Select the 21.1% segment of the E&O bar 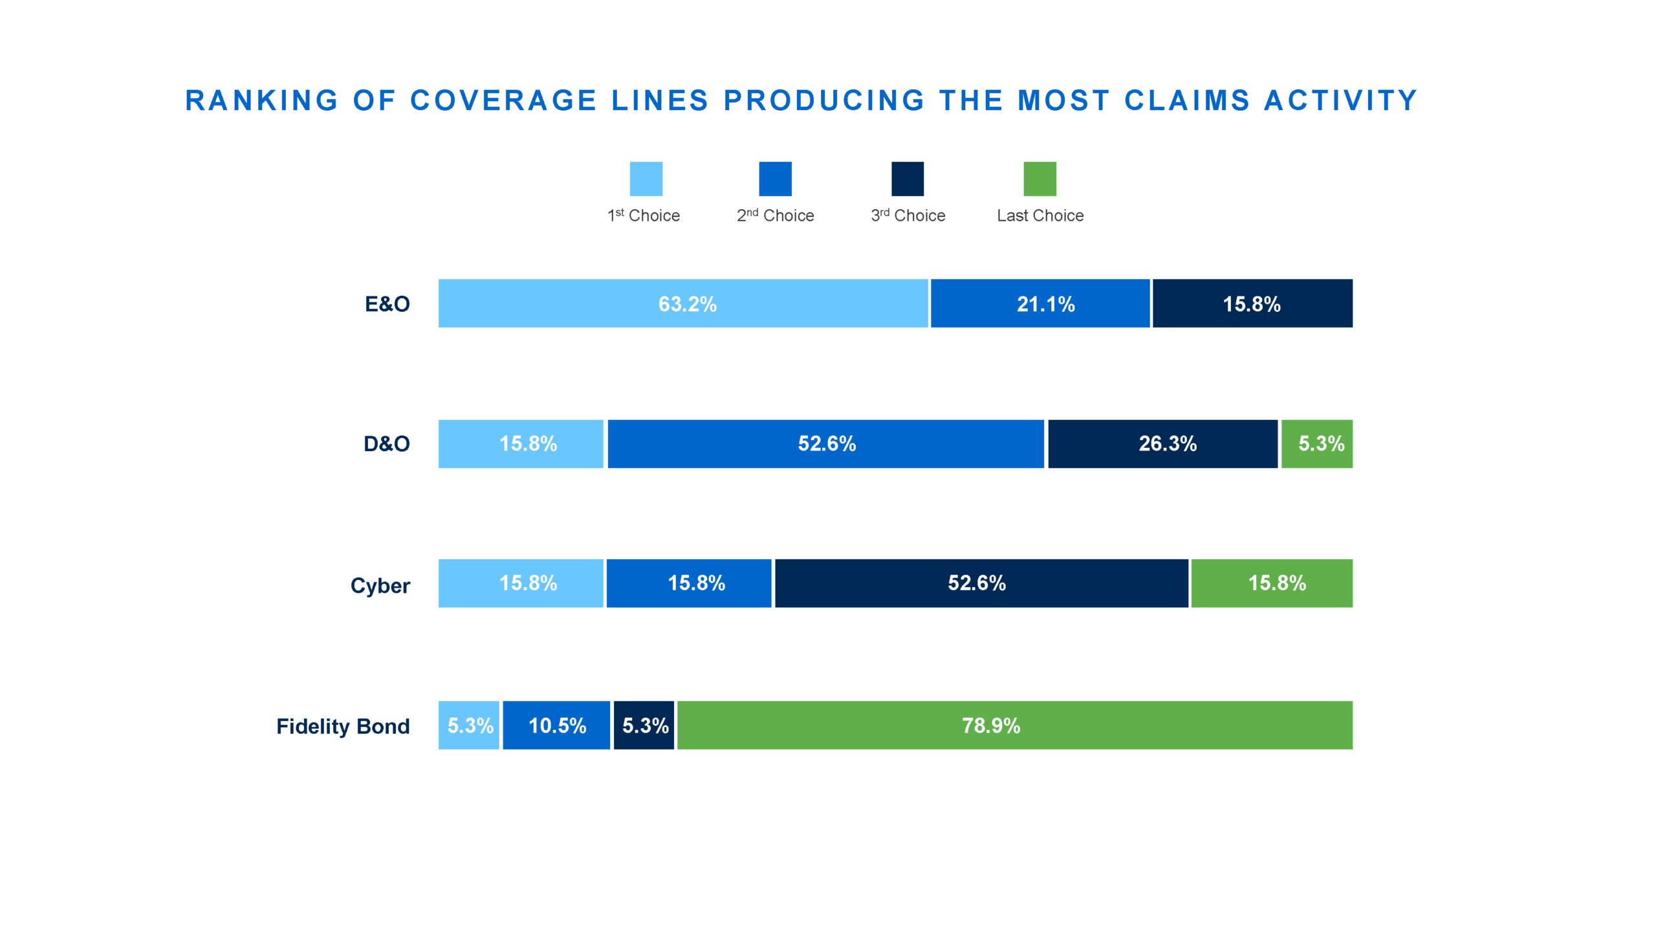tap(1040, 303)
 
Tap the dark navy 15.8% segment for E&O tap(1252, 303)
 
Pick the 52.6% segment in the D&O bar tap(825, 443)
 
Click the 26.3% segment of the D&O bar tap(1162, 443)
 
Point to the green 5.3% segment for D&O tap(1316, 443)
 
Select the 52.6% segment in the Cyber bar tap(981, 582)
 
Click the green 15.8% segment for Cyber tap(1271, 582)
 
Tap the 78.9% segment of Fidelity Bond tap(1014, 725)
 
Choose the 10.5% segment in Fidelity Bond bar tap(556, 725)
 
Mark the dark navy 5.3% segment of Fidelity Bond tap(644, 725)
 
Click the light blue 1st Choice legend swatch tap(646, 179)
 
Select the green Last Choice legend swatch tap(1040, 179)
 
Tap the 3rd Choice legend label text tap(908, 216)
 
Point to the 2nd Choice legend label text tap(775, 216)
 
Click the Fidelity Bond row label tap(343, 726)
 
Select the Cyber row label tap(380, 585)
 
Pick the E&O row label tap(387, 304)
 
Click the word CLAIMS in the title tap(1187, 100)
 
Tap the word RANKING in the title tap(262, 100)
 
